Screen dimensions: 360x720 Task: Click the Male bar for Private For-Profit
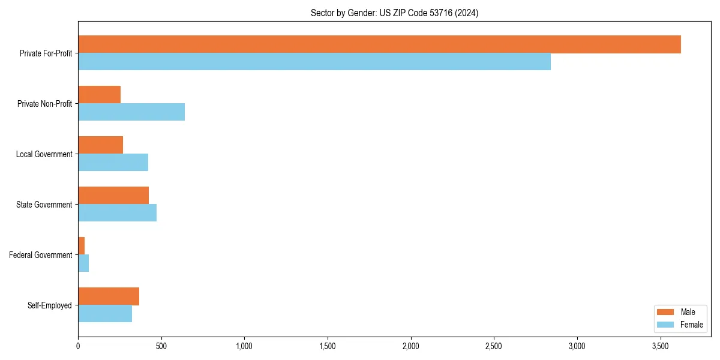tap(379, 44)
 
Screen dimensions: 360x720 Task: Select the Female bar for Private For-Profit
tap(314, 62)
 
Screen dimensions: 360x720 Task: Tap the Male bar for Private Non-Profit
tap(99, 95)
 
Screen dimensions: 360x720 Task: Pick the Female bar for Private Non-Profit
tap(131, 112)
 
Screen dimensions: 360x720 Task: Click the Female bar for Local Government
tap(113, 163)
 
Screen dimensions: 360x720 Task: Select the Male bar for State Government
tap(113, 196)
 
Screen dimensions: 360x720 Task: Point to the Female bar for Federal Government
tap(83, 263)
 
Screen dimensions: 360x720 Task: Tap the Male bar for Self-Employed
tap(109, 296)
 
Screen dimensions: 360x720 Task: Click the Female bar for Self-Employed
tap(105, 314)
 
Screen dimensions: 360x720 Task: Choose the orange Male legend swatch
tap(666, 312)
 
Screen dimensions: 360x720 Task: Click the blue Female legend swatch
tap(666, 325)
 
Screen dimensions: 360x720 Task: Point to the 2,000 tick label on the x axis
tap(411, 346)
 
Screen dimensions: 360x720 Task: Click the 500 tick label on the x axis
tap(161, 346)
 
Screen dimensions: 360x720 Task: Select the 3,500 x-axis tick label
tap(660, 346)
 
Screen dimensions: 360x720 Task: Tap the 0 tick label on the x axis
tap(78, 346)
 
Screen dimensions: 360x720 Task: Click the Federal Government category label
tap(41, 255)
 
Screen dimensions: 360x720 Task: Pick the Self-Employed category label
tap(50, 305)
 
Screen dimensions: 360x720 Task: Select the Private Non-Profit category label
tap(45, 104)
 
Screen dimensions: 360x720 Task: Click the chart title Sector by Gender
tap(394, 13)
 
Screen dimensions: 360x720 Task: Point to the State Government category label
tap(44, 205)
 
